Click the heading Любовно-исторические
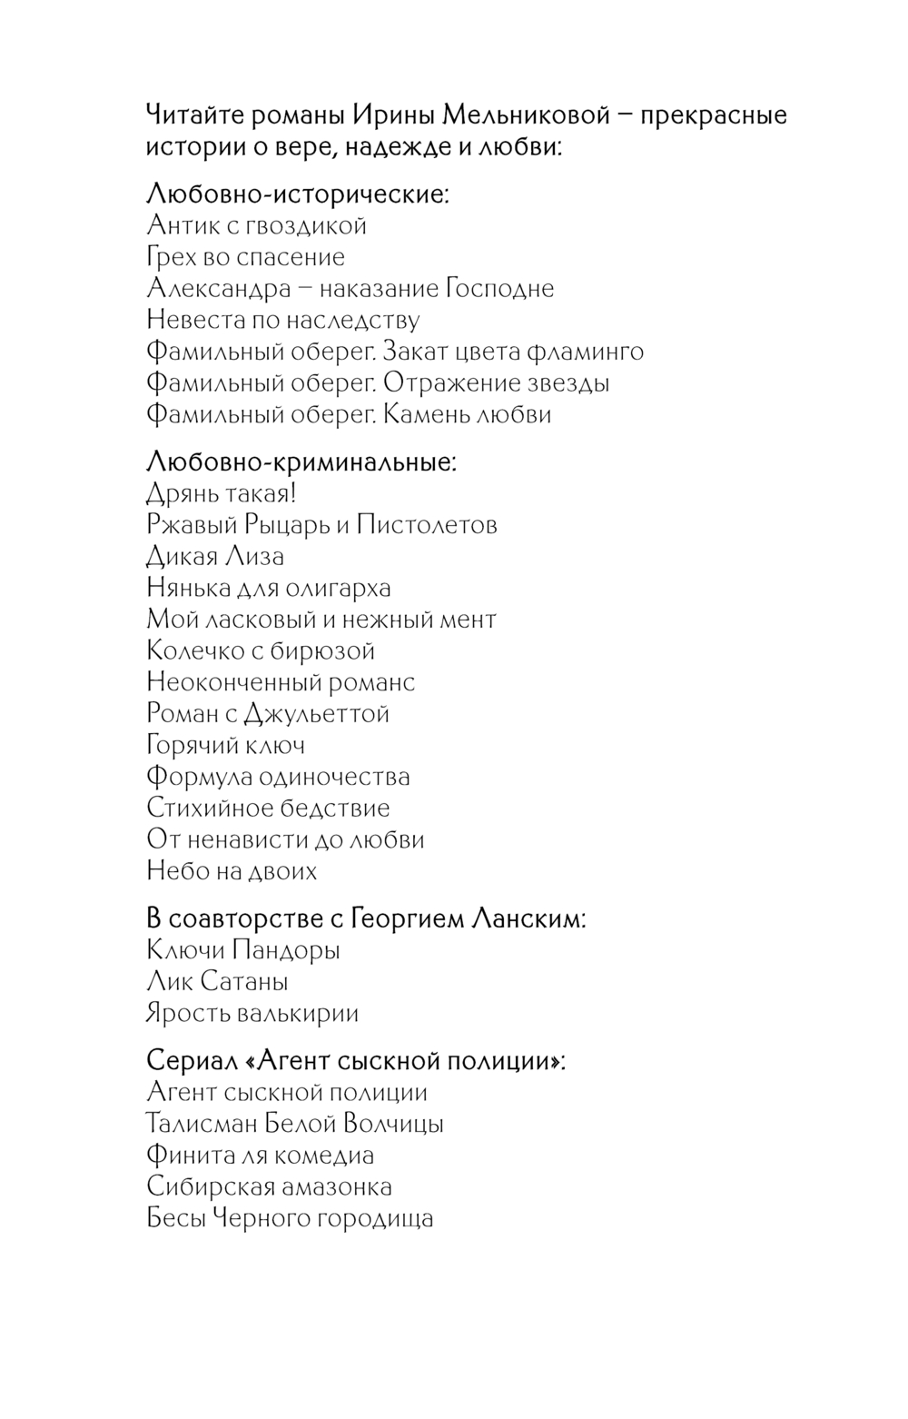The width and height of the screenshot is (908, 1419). [x=297, y=193]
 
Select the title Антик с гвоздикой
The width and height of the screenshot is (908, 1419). [x=256, y=225]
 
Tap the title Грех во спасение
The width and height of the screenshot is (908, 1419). [x=245, y=257]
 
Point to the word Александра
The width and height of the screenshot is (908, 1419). [x=219, y=288]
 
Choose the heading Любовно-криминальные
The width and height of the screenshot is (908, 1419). [x=301, y=461]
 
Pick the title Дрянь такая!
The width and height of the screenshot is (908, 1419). [x=222, y=493]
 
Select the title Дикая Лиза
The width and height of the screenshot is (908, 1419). [x=215, y=556]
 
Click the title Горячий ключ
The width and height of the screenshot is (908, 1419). [x=225, y=745]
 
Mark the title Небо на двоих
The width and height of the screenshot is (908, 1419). [x=232, y=871]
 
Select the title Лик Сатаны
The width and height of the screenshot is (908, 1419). [x=217, y=982]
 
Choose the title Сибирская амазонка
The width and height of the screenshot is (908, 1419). [x=269, y=1187]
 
